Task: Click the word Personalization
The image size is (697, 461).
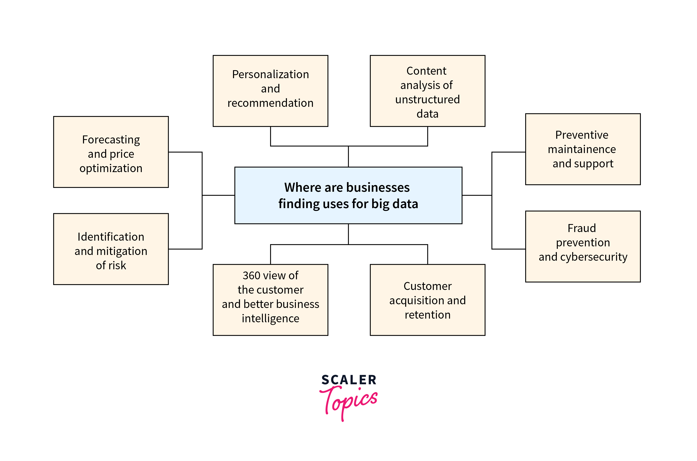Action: [270, 74]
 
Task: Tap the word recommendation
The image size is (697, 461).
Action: [270, 103]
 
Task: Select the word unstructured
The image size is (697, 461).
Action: [427, 100]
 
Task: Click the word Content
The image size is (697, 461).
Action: [426, 71]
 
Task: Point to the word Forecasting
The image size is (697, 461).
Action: [111, 140]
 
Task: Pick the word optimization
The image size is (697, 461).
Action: [111, 168]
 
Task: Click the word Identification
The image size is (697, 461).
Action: [111, 237]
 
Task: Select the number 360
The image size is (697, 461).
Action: [251, 275]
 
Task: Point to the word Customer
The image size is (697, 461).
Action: [427, 286]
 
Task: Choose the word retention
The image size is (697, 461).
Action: [427, 315]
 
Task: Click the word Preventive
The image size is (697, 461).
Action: [582, 135]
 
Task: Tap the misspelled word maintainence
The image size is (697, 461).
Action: [582, 149]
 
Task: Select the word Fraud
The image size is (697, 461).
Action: [582, 228]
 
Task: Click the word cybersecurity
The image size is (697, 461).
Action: [594, 257]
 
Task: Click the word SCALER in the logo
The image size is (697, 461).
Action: [349, 380]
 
